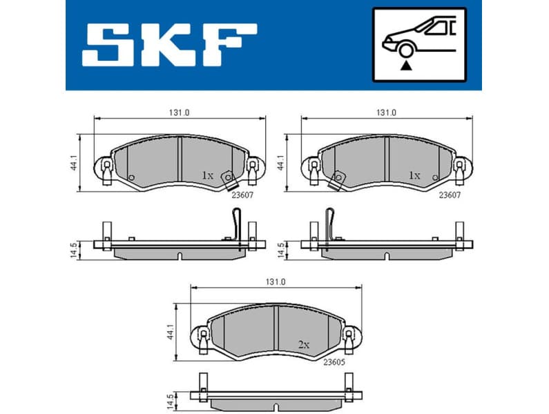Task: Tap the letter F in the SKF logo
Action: point(231,45)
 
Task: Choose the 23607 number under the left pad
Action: point(242,195)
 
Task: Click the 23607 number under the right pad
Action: point(450,195)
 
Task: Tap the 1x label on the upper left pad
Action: point(207,175)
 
